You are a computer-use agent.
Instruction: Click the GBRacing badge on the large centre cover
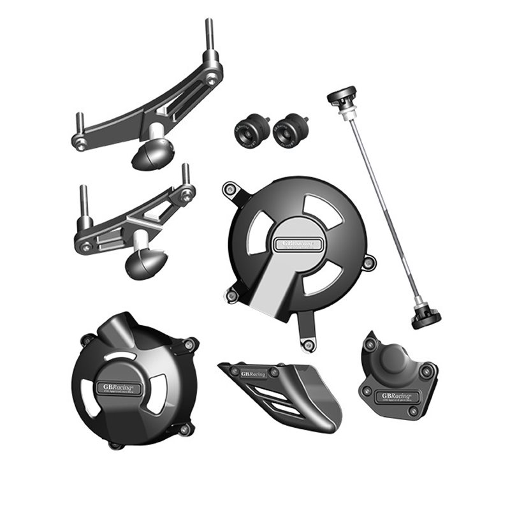[295, 244]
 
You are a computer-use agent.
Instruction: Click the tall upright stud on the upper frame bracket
[208, 38]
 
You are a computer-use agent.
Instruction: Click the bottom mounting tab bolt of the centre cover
[309, 345]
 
